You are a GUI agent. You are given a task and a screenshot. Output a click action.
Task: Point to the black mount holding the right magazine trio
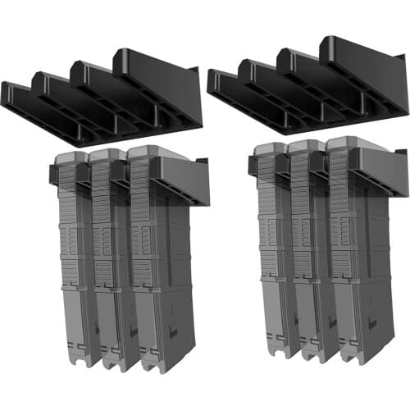(x=381, y=172)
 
